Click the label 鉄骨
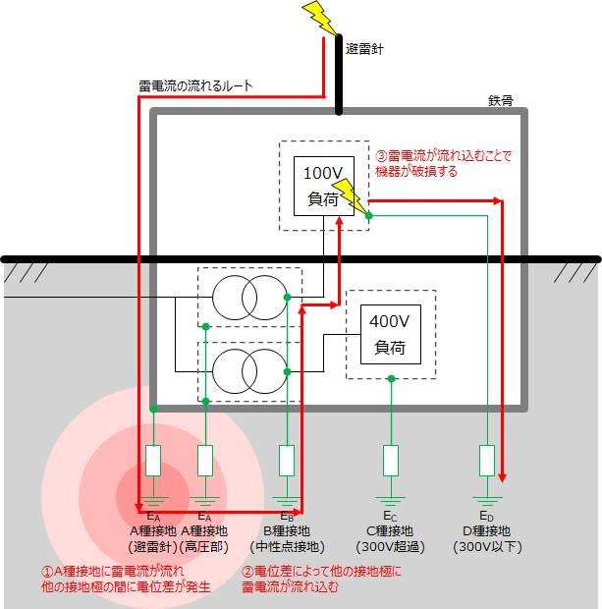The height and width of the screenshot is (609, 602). (x=500, y=100)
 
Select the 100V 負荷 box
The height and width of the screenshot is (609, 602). (x=322, y=185)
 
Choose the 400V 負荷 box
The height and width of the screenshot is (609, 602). (x=391, y=334)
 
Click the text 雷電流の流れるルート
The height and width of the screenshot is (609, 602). (x=196, y=86)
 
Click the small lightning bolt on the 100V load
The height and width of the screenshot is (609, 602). (x=347, y=194)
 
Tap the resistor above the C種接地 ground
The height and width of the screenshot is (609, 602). (x=391, y=460)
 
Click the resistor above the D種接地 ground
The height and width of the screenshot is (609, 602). (x=486, y=460)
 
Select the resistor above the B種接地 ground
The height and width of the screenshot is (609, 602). (x=287, y=460)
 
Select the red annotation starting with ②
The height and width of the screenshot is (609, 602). (x=321, y=580)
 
